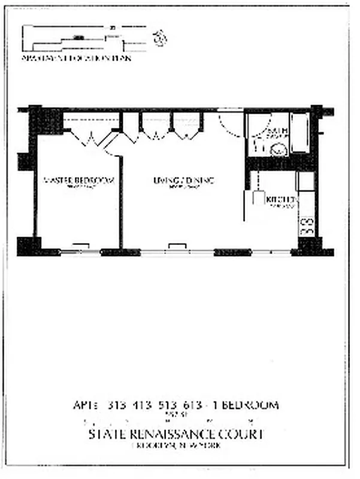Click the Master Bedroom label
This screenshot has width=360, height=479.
[x=79, y=179]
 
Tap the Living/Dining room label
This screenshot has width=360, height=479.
[x=183, y=180]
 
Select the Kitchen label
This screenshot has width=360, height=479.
[x=280, y=198]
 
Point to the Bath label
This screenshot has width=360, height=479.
[x=277, y=131]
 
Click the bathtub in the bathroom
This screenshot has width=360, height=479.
[x=299, y=133]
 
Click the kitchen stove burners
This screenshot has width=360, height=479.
[x=307, y=225]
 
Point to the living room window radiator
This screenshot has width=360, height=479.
[x=176, y=245]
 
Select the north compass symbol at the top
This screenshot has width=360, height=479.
[x=160, y=38]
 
